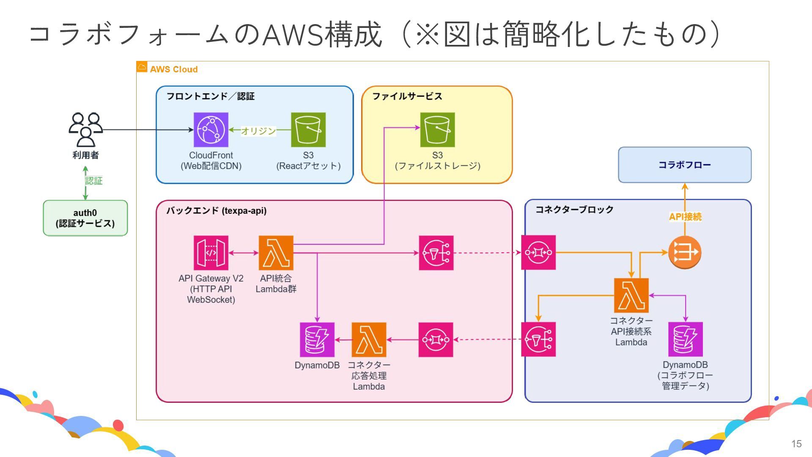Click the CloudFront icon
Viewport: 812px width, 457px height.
[x=211, y=129]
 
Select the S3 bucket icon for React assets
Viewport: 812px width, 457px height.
[x=308, y=129]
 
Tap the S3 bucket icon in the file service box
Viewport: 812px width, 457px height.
[x=437, y=129]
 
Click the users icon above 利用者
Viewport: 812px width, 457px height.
[x=86, y=129]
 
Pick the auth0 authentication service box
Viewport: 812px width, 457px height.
[x=85, y=218]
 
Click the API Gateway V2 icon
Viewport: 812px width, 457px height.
[x=211, y=253]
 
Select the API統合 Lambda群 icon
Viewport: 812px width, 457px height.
[x=276, y=253]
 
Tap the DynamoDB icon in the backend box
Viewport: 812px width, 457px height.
[x=317, y=339]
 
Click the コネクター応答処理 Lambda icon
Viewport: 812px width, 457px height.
[x=369, y=339]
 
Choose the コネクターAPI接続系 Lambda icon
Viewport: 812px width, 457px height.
[x=631, y=295]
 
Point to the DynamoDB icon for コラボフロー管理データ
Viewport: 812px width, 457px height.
[x=685, y=339]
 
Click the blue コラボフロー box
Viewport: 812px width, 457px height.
[x=684, y=165]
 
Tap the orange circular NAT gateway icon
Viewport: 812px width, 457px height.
[x=685, y=253]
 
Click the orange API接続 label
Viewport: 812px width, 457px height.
[x=685, y=217]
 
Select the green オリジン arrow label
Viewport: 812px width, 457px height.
[x=258, y=131]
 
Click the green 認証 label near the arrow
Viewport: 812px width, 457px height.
[x=93, y=181]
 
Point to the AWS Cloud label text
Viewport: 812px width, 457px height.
[x=173, y=69]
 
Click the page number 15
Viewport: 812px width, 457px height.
[x=796, y=444]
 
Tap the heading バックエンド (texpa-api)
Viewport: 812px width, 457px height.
[x=216, y=211]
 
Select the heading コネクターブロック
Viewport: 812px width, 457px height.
[x=574, y=209]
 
